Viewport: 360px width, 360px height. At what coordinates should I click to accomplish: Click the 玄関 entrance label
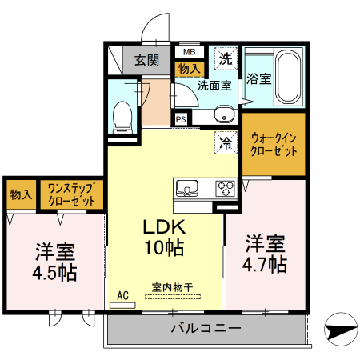[146, 59]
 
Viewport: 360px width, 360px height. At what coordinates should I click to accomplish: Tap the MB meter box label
[189, 52]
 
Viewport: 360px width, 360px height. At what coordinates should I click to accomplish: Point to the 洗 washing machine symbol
[226, 58]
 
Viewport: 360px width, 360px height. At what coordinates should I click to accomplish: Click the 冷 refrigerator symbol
[226, 143]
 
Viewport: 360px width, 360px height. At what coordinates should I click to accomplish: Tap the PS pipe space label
[182, 118]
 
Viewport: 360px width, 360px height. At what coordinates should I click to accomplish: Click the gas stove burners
[224, 189]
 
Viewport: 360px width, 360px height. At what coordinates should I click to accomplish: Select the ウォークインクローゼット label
[274, 144]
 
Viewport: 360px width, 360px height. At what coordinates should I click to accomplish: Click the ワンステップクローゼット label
[72, 194]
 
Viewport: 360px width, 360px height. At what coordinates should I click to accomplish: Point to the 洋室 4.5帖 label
[54, 261]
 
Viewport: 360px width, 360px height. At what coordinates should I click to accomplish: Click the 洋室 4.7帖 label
[266, 253]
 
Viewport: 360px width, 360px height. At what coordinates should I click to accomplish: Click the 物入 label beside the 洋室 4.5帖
[21, 194]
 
